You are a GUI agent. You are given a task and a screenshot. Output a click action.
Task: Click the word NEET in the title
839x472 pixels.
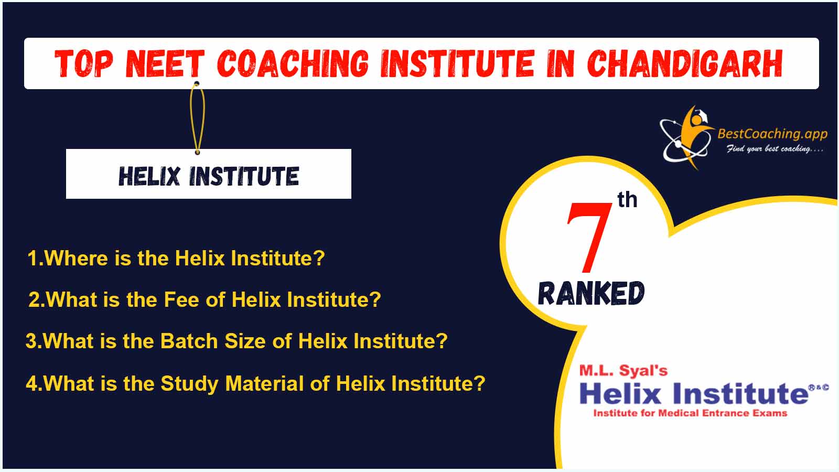165,63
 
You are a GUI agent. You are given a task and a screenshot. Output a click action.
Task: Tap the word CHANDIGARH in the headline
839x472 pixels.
685,63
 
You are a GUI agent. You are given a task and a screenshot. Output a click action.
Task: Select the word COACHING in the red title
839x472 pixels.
293,63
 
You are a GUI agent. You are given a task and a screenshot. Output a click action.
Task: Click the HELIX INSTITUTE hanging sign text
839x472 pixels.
209,176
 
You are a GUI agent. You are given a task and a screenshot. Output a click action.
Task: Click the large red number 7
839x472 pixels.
588,237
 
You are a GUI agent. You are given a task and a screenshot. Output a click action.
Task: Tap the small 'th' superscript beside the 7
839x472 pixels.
627,200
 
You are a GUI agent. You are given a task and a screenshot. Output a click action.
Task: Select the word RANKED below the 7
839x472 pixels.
591,293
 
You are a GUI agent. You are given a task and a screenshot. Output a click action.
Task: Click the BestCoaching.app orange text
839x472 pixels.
772,134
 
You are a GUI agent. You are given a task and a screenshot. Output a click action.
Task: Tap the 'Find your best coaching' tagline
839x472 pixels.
775,149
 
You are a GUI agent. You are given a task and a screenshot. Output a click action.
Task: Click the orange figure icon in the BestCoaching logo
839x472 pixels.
695,135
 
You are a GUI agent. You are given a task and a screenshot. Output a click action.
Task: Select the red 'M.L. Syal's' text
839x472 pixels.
623,370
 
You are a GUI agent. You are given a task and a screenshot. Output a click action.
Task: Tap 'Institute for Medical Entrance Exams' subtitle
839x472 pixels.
690,413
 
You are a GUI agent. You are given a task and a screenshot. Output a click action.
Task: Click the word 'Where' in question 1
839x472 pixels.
77,258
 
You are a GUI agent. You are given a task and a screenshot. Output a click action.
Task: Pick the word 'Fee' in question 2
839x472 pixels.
181,299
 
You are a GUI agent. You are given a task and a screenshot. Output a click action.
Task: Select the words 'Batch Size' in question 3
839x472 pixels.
213,341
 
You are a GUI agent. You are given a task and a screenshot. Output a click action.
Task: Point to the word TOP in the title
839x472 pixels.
84,63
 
